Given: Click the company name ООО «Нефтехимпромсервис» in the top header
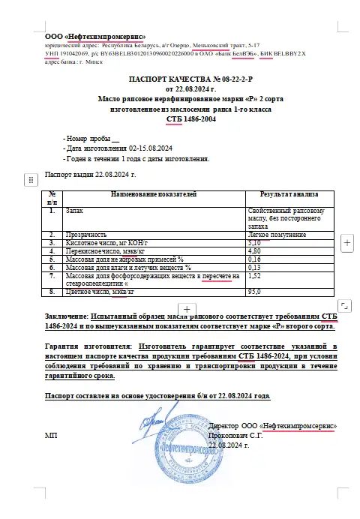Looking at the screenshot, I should click(x=95, y=36).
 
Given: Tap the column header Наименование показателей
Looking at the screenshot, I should click(x=153, y=194).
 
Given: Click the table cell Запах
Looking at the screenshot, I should click(x=76, y=211).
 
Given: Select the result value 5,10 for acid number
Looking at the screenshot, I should click(x=254, y=243).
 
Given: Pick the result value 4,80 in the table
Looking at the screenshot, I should click(x=254, y=251).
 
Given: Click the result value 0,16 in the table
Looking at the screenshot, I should click(x=254, y=259).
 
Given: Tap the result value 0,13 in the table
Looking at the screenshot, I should click(x=254, y=267).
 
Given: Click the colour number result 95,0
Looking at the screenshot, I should click(x=254, y=291).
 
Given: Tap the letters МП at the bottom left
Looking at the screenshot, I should click(x=51, y=435).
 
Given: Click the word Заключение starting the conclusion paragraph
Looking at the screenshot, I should click(x=65, y=316).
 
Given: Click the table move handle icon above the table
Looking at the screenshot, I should click(x=31, y=179).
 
